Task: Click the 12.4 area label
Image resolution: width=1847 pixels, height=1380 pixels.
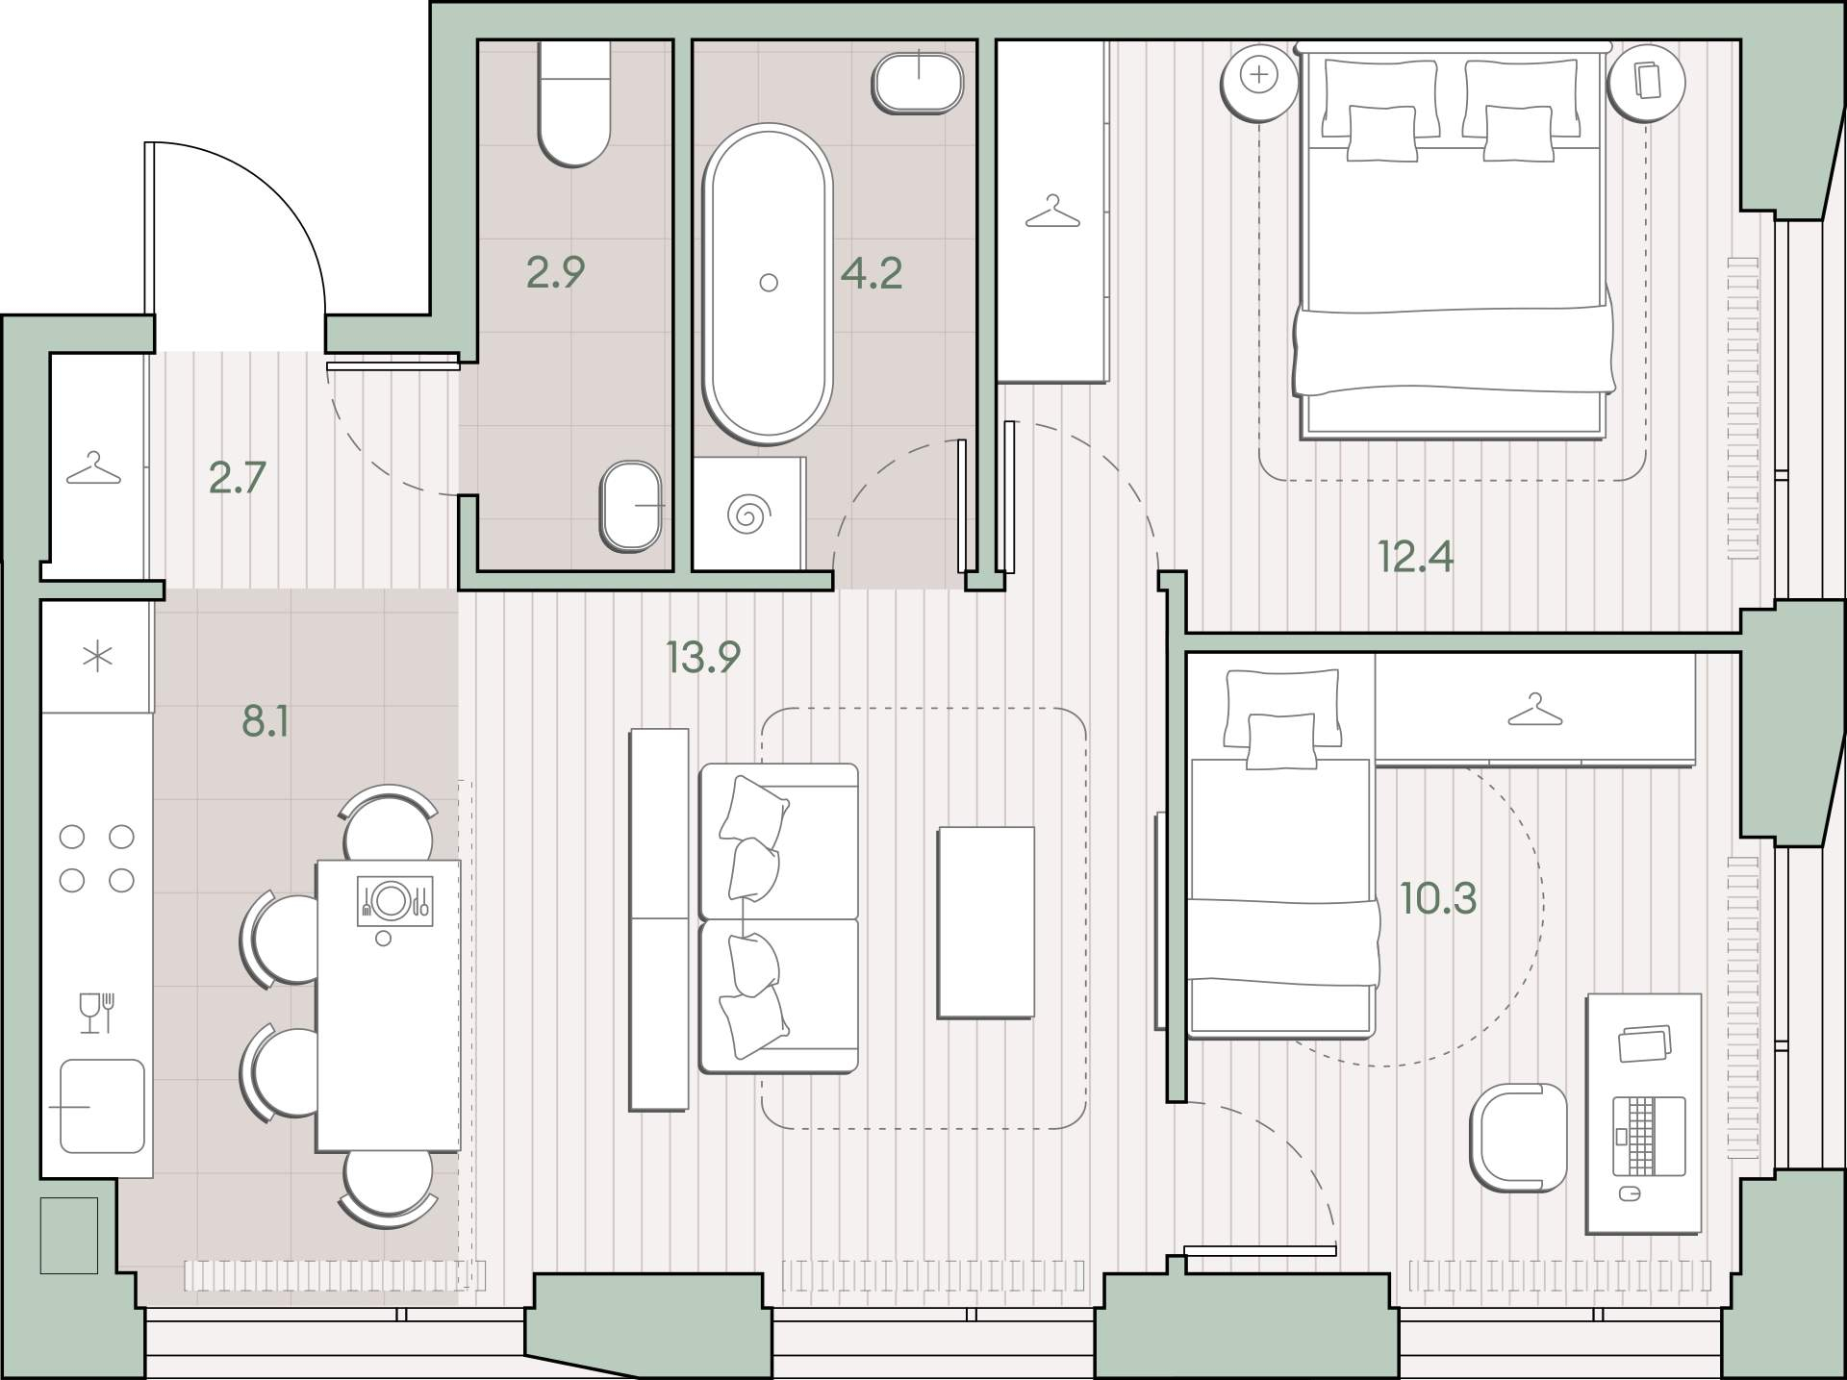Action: pyautogui.click(x=1415, y=557)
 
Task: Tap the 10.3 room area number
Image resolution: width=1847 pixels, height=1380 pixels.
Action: pyautogui.click(x=1438, y=898)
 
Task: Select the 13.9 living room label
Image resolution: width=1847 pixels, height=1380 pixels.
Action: pyautogui.click(x=702, y=658)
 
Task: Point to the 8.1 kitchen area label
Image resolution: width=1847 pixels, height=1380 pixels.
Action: pyautogui.click(x=265, y=720)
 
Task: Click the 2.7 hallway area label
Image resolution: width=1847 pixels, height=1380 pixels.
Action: pyautogui.click(x=237, y=478)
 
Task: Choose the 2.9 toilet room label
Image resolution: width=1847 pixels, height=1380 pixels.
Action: pyautogui.click(x=555, y=272)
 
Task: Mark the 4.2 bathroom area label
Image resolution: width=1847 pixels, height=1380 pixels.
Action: pyautogui.click(x=872, y=274)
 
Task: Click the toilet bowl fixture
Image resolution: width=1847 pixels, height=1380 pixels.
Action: pyautogui.click(x=574, y=103)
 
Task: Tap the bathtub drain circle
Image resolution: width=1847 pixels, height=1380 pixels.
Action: pyautogui.click(x=768, y=283)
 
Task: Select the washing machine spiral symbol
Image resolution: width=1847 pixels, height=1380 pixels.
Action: pyautogui.click(x=747, y=514)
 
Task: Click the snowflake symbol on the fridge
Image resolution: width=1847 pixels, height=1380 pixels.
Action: pyautogui.click(x=98, y=658)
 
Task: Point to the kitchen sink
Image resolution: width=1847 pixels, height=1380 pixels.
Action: pyautogui.click(x=102, y=1106)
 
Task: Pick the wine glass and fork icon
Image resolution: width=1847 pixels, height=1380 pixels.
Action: pyautogui.click(x=97, y=1013)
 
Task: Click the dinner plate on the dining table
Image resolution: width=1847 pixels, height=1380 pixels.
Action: pyautogui.click(x=392, y=900)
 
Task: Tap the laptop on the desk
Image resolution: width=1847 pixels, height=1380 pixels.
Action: pyautogui.click(x=1649, y=1137)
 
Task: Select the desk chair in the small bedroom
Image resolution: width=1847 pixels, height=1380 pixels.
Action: pyautogui.click(x=1518, y=1138)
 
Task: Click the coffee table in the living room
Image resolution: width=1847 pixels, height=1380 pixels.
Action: pyautogui.click(x=986, y=922)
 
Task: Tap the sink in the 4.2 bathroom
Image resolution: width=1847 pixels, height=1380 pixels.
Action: pyautogui.click(x=918, y=83)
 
